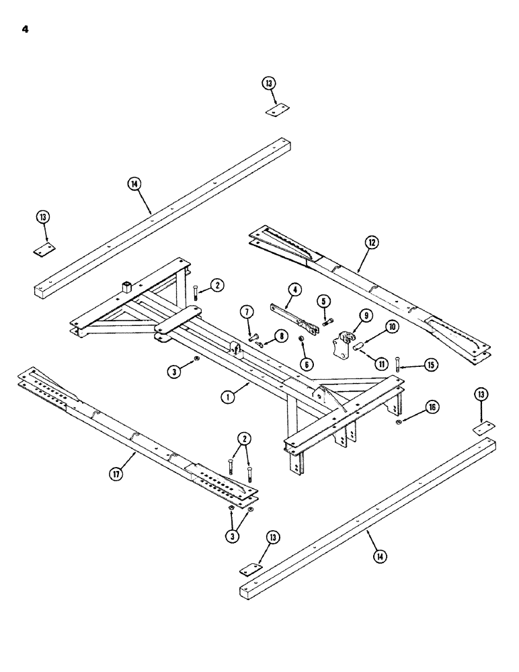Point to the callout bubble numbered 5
coord(322,300)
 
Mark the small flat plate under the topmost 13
coord(276,111)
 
